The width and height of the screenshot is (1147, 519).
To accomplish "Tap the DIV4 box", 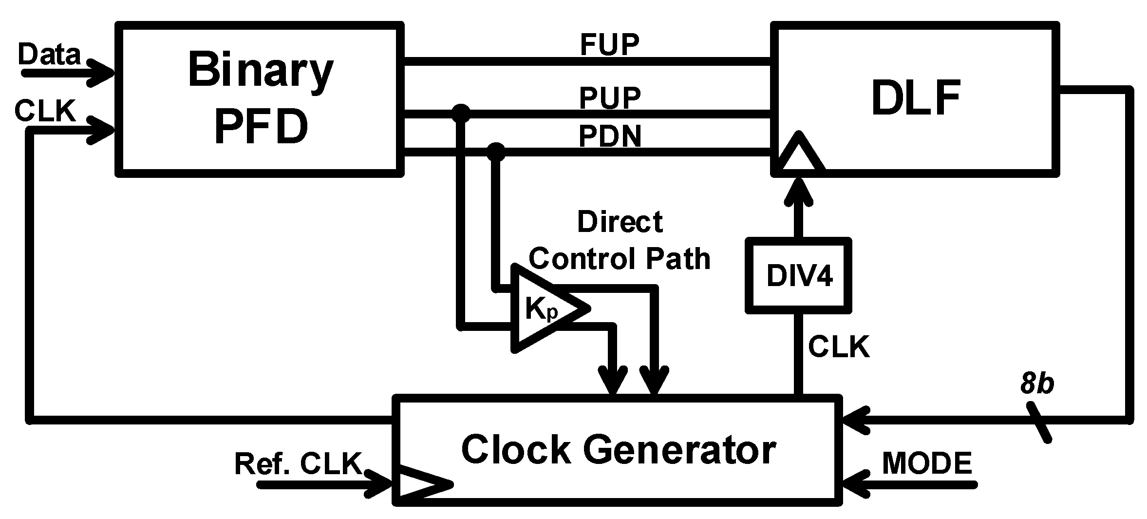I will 799,276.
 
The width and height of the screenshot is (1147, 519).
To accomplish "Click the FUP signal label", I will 609,45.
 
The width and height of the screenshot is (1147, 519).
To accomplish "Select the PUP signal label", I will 609,97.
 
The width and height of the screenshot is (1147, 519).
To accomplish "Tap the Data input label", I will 49,54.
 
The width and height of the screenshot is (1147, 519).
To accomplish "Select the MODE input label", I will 927,463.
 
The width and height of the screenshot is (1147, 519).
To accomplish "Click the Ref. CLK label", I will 298,463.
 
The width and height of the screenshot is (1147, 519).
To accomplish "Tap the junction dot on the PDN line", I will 496,153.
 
